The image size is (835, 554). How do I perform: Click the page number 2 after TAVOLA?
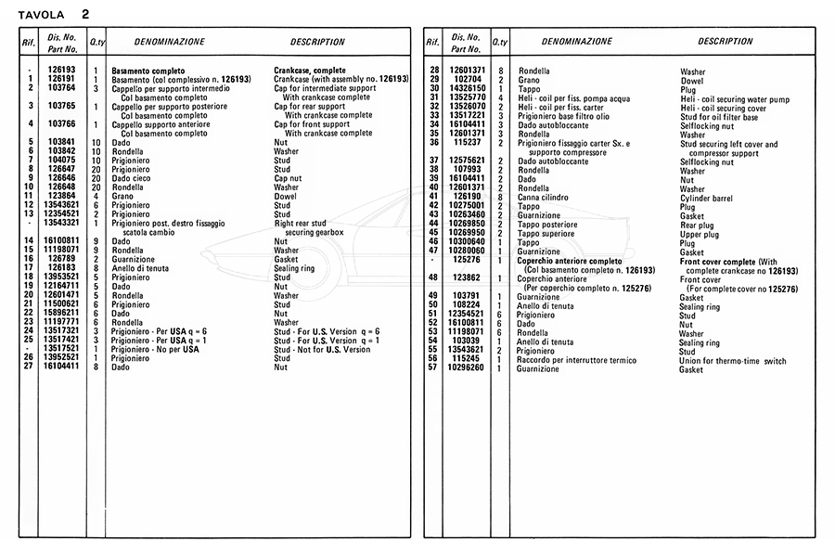(85, 14)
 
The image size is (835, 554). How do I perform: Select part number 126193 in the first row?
(62, 71)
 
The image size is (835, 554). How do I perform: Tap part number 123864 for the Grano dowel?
(62, 197)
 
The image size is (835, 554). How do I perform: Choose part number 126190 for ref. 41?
(467, 197)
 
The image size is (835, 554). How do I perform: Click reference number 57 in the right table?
(432, 368)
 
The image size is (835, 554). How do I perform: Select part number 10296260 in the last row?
(467, 368)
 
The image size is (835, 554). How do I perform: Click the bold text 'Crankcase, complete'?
(310, 71)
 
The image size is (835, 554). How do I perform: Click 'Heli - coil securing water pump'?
(735, 98)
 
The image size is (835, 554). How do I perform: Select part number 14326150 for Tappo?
(467, 89)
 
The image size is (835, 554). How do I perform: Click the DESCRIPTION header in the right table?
(725, 42)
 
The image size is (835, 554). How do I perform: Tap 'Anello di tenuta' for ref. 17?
(140, 268)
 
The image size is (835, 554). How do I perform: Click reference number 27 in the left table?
(31, 367)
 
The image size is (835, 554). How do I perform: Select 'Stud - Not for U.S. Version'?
(322, 350)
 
